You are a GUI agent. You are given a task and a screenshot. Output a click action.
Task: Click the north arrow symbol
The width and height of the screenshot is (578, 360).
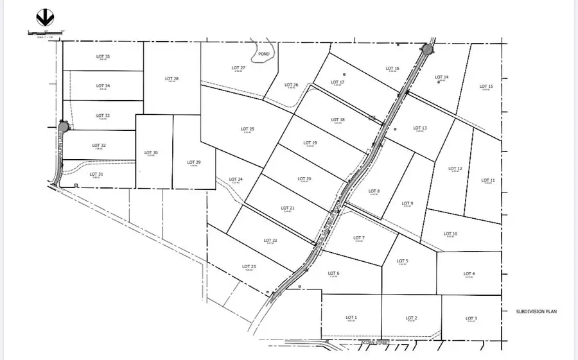click(46, 17)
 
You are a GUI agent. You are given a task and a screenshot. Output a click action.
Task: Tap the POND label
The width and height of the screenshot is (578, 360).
click(264, 55)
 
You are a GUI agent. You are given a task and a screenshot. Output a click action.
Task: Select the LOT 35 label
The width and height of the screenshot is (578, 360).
click(103, 57)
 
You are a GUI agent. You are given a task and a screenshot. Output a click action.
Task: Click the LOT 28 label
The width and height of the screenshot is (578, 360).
click(172, 79)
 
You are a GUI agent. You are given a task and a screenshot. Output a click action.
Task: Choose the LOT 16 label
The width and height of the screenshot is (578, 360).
click(392, 68)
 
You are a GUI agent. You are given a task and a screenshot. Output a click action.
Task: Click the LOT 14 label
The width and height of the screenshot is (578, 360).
click(442, 77)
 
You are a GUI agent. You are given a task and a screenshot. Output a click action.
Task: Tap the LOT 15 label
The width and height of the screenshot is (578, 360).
click(486, 86)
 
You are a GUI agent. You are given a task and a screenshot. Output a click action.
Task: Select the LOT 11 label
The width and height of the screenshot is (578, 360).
click(488, 180)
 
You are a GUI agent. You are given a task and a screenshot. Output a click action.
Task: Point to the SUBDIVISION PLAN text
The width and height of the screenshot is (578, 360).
click(536, 312)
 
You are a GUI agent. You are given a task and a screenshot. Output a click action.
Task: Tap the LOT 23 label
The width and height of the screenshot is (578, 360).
click(249, 266)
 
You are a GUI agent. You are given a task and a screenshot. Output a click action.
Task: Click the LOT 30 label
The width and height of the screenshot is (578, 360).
click(151, 152)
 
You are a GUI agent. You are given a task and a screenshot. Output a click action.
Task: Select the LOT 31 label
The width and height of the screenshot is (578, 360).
click(96, 174)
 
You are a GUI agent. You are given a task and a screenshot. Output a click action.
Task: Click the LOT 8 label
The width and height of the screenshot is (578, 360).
click(374, 191)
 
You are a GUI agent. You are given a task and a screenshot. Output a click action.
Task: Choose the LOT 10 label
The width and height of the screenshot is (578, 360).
click(450, 234)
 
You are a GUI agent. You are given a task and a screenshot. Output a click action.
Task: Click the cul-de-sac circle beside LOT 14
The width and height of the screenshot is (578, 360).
click(428, 49)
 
